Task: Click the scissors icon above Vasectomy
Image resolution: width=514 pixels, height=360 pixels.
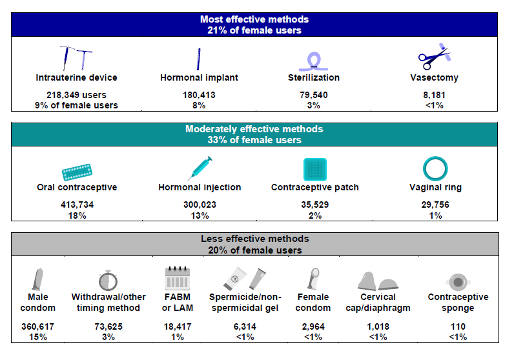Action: [433, 57]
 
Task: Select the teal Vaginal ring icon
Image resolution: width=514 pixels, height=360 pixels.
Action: [435, 168]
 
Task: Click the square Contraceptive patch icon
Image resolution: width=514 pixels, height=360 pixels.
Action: [315, 169]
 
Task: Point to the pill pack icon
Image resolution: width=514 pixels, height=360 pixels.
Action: [77, 171]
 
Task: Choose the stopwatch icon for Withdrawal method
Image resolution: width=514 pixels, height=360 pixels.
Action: [108, 279]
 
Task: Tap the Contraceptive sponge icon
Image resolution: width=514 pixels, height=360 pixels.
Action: [458, 282]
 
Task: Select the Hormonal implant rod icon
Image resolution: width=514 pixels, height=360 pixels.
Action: [198, 59]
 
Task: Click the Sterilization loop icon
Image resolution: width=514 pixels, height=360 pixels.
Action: [314, 60]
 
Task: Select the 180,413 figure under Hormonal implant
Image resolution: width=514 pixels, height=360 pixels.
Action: [199, 94]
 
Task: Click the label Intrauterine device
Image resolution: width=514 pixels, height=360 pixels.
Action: [77, 77]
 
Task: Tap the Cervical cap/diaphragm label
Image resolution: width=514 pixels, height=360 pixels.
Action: [384, 303]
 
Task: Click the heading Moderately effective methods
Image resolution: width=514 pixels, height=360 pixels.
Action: [254, 129]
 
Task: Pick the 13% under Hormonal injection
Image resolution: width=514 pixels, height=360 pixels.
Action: [199, 215]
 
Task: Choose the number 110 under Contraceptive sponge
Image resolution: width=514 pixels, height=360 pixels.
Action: [458, 327]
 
